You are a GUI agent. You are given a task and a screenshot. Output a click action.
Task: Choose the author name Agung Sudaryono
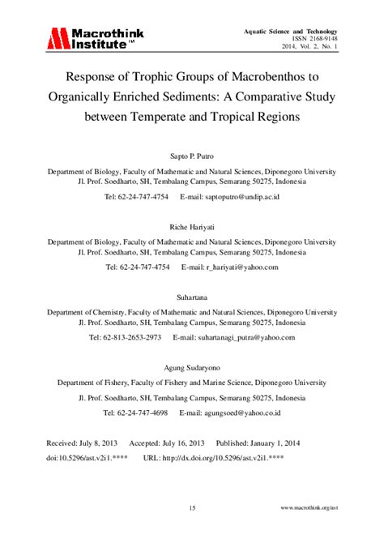point(192,367)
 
